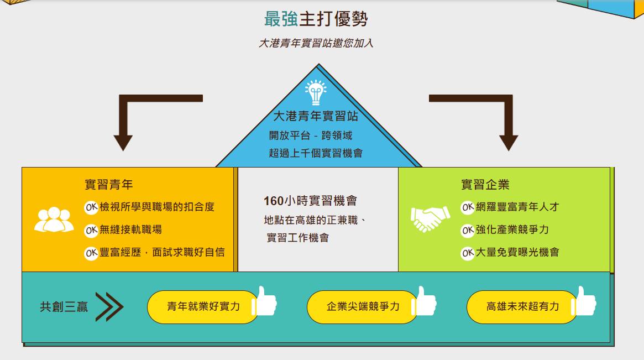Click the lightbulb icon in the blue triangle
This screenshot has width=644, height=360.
[316, 92]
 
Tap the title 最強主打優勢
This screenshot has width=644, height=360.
[316, 19]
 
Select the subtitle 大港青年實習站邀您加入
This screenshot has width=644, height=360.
[316, 43]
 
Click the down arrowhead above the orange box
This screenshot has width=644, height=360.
[123, 143]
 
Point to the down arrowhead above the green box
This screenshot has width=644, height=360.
[509, 143]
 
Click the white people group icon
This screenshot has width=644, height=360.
[54, 220]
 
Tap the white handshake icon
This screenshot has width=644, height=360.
[430, 218]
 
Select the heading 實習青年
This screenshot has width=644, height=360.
[108, 185]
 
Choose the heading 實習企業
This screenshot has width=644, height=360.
[485, 185]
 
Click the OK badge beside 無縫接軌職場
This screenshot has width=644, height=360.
[91, 230]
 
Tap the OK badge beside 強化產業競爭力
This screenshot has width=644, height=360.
[468, 230]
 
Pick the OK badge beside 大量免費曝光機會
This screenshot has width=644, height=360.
[468, 253]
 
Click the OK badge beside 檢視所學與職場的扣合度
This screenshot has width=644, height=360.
[91, 207]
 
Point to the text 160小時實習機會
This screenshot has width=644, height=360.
[310, 201]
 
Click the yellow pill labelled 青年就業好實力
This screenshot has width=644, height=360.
[203, 307]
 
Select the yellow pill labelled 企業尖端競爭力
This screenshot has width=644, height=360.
[363, 307]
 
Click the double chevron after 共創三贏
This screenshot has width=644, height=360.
[109, 306]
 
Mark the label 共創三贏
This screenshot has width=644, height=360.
[64, 307]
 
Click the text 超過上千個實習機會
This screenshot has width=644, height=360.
[316, 153]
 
